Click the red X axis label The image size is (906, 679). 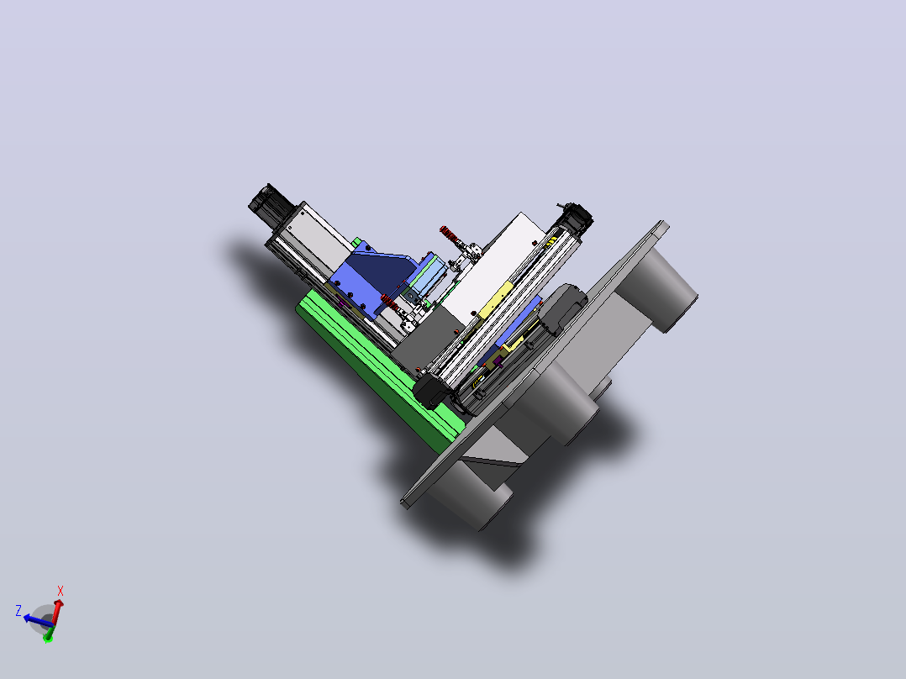coord(61,591)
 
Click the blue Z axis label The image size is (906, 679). coord(18,610)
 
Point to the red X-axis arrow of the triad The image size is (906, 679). coord(56,613)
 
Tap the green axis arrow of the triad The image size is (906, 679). coord(49,636)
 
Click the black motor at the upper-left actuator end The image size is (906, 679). coord(271,203)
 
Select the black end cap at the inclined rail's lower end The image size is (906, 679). coord(431,391)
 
